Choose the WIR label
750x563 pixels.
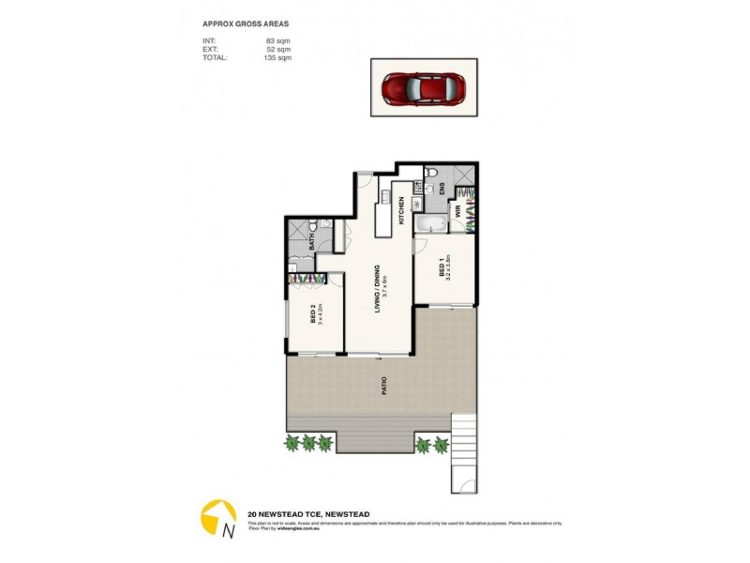point(458,213)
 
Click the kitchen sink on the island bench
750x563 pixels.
point(383,196)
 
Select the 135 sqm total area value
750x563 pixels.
point(278,57)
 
